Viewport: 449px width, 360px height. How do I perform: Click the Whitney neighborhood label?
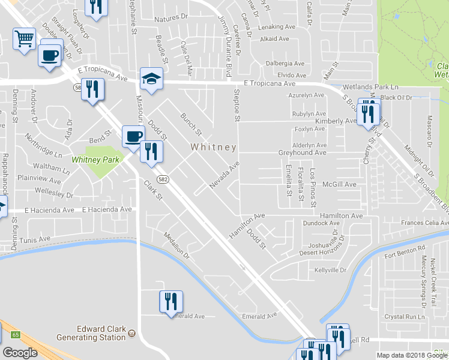tap(213, 147)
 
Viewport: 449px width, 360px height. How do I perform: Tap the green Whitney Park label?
tap(96, 160)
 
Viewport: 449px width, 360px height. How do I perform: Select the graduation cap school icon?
tap(151, 78)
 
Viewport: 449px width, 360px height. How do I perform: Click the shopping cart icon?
tap(24, 40)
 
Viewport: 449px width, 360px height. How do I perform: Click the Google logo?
tap(20, 353)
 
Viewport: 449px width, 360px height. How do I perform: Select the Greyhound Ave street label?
tap(302, 153)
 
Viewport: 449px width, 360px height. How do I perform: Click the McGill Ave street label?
tap(339, 184)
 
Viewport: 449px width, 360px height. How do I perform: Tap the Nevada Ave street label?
tap(224, 175)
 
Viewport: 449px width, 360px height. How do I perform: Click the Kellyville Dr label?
tap(331, 270)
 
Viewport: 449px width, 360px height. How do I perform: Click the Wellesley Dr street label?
tap(53, 195)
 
